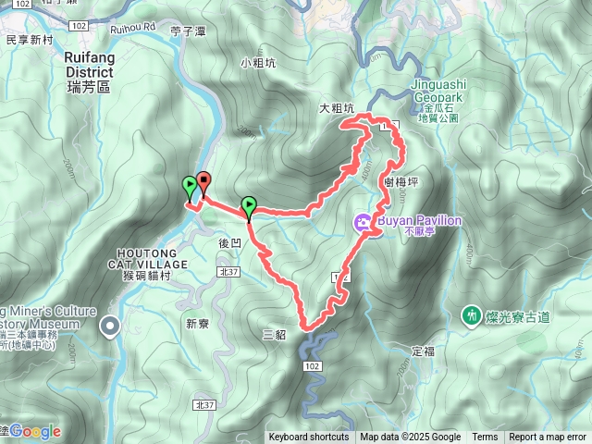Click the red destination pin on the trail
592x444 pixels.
[x=203, y=181]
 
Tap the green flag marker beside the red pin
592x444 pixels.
[x=190, y=186]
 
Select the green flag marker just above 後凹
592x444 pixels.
[x=248, y=206]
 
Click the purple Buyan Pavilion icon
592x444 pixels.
[x=362, y=221]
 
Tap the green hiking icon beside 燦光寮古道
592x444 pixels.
[x=473, y=316]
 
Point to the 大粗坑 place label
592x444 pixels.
[x=337, y=108]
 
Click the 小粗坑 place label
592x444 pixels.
[x=257, y=63]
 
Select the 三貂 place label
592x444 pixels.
[x=274, y=335]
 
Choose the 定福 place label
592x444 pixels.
[x=422, y=351]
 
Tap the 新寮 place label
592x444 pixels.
[x=198, y=324]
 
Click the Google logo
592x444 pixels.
[x=35, y=431]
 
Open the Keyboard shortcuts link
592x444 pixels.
[x=309, y=438]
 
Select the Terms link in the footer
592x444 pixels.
[x=485, y=438]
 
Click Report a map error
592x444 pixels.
[x=549, y=438]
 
